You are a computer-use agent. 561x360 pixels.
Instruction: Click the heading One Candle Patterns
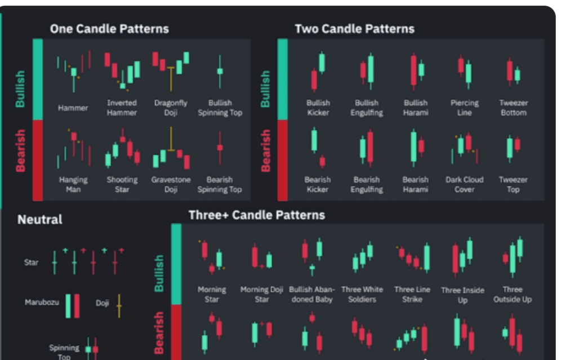[x=109, y=29]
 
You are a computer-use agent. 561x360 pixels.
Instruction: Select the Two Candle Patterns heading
[x=354, y=29]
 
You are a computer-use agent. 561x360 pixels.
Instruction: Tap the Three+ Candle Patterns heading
[x=257, y=215]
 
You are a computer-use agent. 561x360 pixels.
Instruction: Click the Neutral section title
[x=40, y=219]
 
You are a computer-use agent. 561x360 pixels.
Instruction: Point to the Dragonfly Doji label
[x=171, y=108]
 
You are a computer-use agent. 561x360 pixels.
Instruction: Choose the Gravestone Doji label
[x=171, y=184]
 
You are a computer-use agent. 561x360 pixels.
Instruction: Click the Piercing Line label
[x=464, y=108]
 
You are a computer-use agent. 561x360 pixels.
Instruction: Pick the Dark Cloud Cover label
[x=464, y=184]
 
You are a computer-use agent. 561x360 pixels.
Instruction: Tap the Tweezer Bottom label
[x=513, y=108]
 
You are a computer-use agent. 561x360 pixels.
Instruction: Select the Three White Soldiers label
[x=362, y=294]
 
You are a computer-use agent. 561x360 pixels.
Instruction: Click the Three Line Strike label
[x=412, y=294]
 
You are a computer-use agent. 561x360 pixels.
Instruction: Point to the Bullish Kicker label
[x=318, y=108]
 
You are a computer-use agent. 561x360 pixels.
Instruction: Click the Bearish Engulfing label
[x=367, y=184]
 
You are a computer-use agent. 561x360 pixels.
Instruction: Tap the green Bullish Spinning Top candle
[x=220, y=71]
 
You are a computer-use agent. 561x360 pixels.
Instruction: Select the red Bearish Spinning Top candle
[x=220, y=147]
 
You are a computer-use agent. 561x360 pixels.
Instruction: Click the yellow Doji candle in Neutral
[x=119, y=305]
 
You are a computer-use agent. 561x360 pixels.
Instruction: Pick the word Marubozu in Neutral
[x=42, y=303]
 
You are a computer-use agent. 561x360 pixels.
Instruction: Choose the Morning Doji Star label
[x=262, y=294]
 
